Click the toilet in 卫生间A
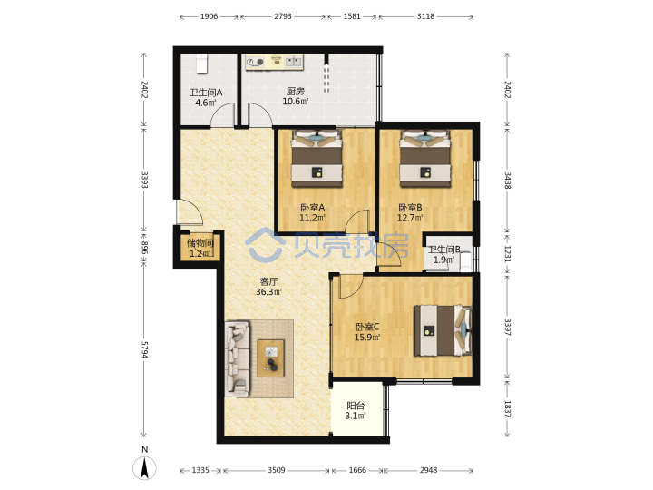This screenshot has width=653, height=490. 202,64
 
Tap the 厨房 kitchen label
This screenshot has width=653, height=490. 296,92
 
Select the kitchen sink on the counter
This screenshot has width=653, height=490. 294,62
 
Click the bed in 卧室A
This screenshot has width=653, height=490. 317,158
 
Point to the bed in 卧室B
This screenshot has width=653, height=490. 425,159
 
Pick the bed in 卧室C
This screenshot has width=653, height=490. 443,331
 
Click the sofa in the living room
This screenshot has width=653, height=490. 238,358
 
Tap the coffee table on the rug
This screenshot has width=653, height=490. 270,358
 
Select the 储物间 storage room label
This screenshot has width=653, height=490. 200,243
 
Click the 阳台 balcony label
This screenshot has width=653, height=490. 356,406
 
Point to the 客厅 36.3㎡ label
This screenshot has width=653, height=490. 268,287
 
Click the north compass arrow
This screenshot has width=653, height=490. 144,467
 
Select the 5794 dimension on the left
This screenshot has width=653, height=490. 144,349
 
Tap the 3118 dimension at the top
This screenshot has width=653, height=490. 425,16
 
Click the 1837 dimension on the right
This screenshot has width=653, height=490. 507,409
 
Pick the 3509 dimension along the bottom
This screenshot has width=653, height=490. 277,470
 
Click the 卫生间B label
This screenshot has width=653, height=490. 444,250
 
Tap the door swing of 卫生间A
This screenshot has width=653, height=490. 223,114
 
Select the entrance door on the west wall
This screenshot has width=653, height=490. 190,213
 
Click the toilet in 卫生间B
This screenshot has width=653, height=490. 465,260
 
